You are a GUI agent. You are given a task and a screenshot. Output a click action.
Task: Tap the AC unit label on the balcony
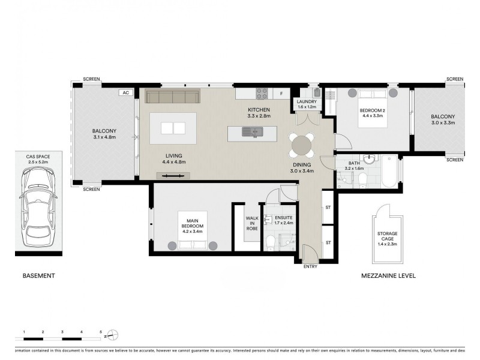125,93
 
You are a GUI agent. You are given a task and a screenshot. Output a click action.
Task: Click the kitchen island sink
251,131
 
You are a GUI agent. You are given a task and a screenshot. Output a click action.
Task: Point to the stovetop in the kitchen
263,93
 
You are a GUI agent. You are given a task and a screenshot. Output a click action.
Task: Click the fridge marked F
281,94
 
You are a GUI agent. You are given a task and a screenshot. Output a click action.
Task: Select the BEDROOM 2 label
373,110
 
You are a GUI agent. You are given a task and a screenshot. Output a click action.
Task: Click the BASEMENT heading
39,276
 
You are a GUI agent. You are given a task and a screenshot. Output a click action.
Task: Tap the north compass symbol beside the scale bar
116,335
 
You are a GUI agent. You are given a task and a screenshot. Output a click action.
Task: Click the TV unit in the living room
174,175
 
